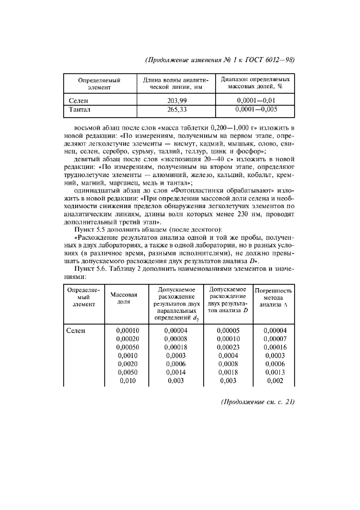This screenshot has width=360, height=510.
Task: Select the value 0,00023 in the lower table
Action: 228,346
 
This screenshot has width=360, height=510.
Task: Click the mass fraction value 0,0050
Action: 127,372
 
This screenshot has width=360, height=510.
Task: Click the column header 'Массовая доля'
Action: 124,298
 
